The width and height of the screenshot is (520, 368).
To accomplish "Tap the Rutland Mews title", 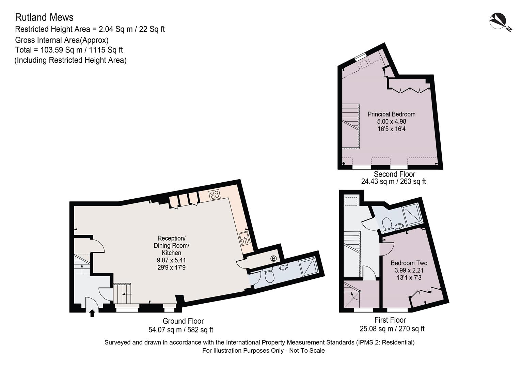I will (44, 17).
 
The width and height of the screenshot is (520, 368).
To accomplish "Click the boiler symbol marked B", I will (273, 259).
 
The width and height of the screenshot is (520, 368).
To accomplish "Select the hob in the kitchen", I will (215, 195).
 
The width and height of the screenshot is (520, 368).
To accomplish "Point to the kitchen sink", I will (245, 238).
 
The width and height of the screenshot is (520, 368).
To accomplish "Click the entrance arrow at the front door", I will (92, 312).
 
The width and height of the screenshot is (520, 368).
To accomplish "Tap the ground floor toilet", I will (269, 275).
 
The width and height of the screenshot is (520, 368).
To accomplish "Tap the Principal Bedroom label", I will (391, 114).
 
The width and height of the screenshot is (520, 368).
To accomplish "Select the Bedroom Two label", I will (409, 263).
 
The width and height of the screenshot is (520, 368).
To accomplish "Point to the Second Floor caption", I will (394, 174).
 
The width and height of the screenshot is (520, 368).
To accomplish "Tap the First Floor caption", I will (390, 320).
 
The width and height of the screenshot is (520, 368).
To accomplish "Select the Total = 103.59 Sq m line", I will (69, 50).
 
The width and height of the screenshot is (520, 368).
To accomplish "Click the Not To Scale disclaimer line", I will (263, 351).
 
